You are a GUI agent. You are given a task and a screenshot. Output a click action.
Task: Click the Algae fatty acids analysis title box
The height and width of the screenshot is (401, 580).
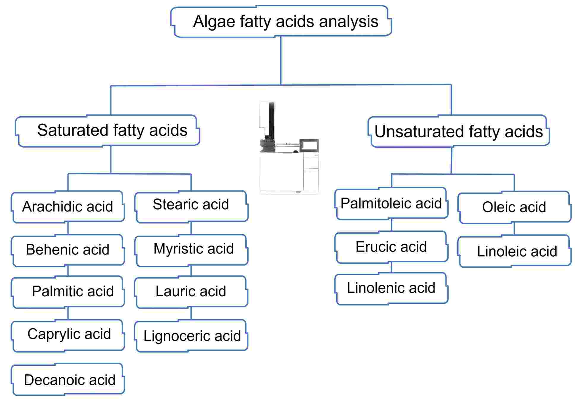pos(281,21)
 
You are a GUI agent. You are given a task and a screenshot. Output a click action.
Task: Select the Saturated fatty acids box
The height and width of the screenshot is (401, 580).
pos(107,131)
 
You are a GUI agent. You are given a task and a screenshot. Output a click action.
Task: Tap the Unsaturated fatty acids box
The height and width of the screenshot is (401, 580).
pos(459,131)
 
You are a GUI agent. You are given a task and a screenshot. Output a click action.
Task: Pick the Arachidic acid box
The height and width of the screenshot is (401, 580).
pos(68,206)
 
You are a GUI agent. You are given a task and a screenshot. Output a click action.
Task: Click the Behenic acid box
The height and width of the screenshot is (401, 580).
pos(68,250)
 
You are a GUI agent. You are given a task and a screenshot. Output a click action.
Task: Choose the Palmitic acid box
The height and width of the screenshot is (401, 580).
pos(68,292)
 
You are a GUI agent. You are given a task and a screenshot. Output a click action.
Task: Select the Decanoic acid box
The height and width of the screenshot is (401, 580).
pos(68,380)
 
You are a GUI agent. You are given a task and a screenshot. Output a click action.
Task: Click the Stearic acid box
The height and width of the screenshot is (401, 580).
pos(191,206)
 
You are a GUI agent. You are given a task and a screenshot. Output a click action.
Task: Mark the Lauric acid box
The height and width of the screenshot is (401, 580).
pos(191,292)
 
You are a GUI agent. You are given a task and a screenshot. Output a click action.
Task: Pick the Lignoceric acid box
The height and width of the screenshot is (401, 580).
pos(191,336)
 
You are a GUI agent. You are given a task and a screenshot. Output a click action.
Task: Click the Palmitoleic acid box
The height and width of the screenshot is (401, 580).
pos(391,203)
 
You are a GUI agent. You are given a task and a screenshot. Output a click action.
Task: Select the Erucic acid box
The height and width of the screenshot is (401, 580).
pos(391,247)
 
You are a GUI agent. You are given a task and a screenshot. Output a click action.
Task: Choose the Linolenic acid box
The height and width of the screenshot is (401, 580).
pos(391,288)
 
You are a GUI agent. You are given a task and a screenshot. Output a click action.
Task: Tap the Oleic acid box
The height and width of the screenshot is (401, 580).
pos(514,207)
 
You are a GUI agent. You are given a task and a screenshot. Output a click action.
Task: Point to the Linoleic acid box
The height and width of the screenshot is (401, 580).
pos(514,251)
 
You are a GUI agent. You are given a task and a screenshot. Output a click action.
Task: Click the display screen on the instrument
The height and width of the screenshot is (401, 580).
pos(309,146)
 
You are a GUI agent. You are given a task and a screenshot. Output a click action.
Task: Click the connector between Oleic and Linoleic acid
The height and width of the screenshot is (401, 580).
pos(514,229)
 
